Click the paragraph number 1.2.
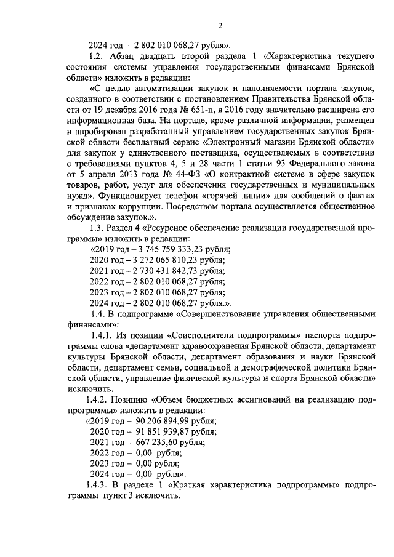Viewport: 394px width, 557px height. tap(98, 56)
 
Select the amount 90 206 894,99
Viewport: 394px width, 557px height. tap(155, 422)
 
